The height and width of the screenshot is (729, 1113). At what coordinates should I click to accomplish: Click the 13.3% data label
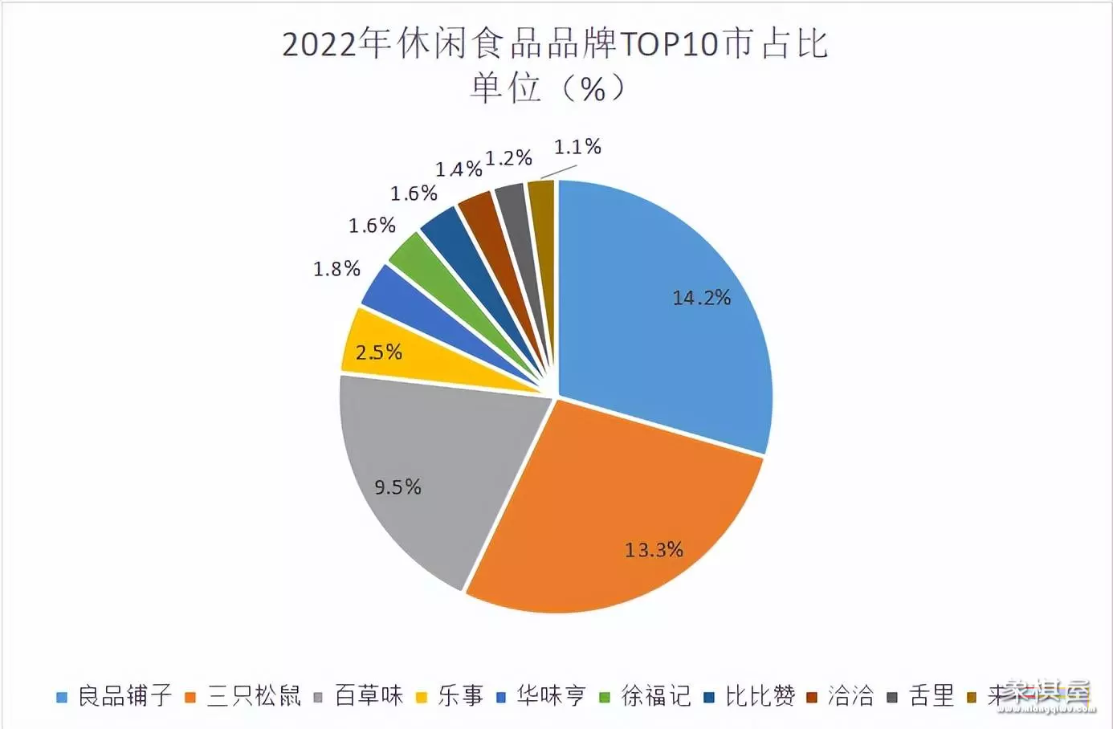[x=654, y=550]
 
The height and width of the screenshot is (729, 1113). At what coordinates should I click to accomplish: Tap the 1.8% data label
[x=336, y=269]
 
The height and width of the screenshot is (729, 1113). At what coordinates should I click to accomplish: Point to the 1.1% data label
[x=577, y=147]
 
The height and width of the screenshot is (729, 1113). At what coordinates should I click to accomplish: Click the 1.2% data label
[x=508, y=158]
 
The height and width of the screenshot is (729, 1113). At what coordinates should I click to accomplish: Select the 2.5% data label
[x=378, y=352]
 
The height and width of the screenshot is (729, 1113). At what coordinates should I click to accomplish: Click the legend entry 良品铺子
[x=124, y=695]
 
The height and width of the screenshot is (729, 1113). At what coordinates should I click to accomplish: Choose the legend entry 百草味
[x=369, y=695]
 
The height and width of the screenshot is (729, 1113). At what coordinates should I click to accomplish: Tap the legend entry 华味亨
[x=551, y=695]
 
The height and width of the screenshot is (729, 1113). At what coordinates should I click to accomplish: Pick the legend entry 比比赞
[x=760, y=695]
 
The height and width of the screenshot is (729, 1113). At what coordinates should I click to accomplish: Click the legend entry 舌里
[x=932, y=695]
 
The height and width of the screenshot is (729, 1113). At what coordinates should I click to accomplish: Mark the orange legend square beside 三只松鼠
[x=190, y=697]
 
